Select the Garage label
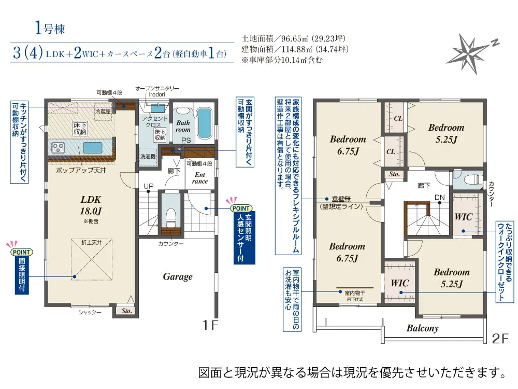(178, 276)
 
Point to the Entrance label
(199, 178)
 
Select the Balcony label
(422, 328)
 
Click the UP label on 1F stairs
(148, 186)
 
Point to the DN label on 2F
(439, 197)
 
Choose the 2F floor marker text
(501, 339)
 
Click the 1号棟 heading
(50, 29)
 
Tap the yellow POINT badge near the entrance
(240, 208)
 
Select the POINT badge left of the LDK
(21, 252)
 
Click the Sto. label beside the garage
(127, 311)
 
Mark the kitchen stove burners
(59, 148)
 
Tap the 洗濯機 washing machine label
(148, 156)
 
